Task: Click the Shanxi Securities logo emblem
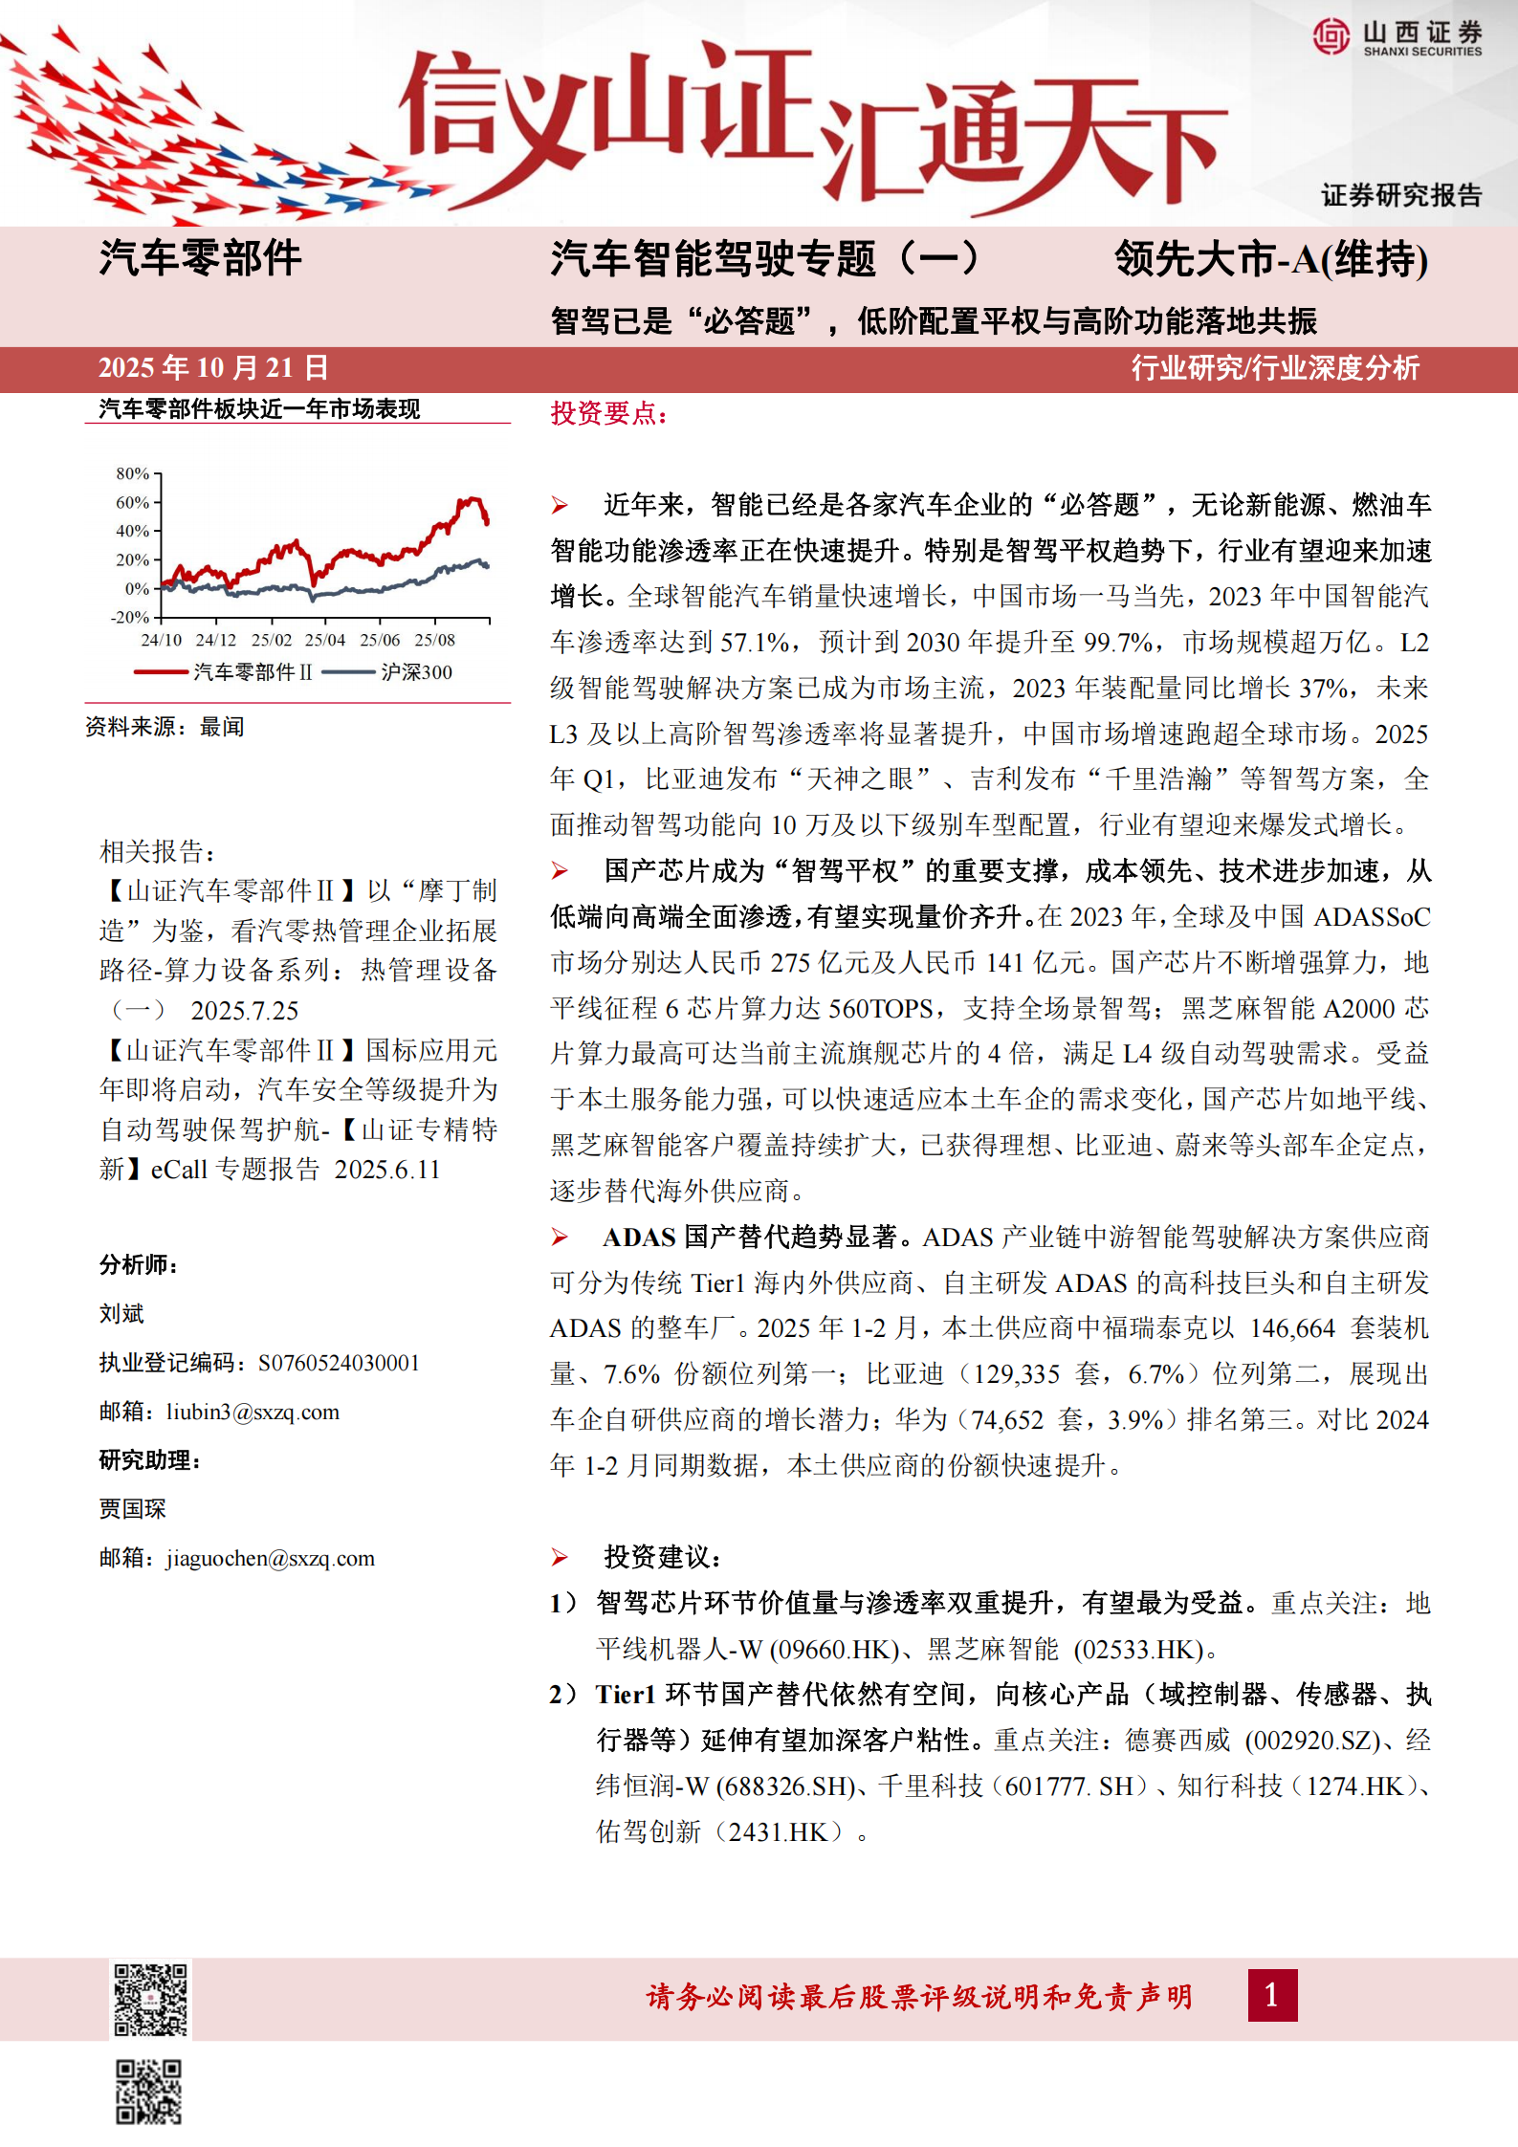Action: pyautogui.click(x=1331, y=36)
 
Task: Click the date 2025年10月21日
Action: pyautogui.click(x=213, y=368)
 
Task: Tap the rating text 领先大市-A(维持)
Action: pyautogui.click(x=1271, y=260)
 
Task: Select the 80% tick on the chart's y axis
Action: pyautogui.click(x=133, y=473)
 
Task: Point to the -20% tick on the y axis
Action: pyautogui.click(x=131, y=617)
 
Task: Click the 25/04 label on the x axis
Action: pyautogui.click(x=325, y=640)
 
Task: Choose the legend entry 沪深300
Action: pyautogui.click(x=416, y=672)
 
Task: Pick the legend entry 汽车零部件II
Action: pyautogui.click(x=253, y=672)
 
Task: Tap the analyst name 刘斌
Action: pyautogui.click(x=121, y=1314)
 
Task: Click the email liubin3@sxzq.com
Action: pyautogui.click(x=253, y=1413)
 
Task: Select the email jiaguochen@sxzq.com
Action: pyautogui.click(x=270, y=1559)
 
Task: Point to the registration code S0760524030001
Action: pyautogui.click(x=339, y=1363)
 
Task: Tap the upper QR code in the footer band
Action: pyautogui.click(x=151, y=1999)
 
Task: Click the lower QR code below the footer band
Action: pyautogui.click(x=149, y=2092)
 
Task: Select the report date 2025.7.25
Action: pyautogui.click(x=245, y=1011)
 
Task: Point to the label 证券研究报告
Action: pyautogui.click(x=1400, y=196)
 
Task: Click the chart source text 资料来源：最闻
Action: pyautogui.click(x=165, y=727)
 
